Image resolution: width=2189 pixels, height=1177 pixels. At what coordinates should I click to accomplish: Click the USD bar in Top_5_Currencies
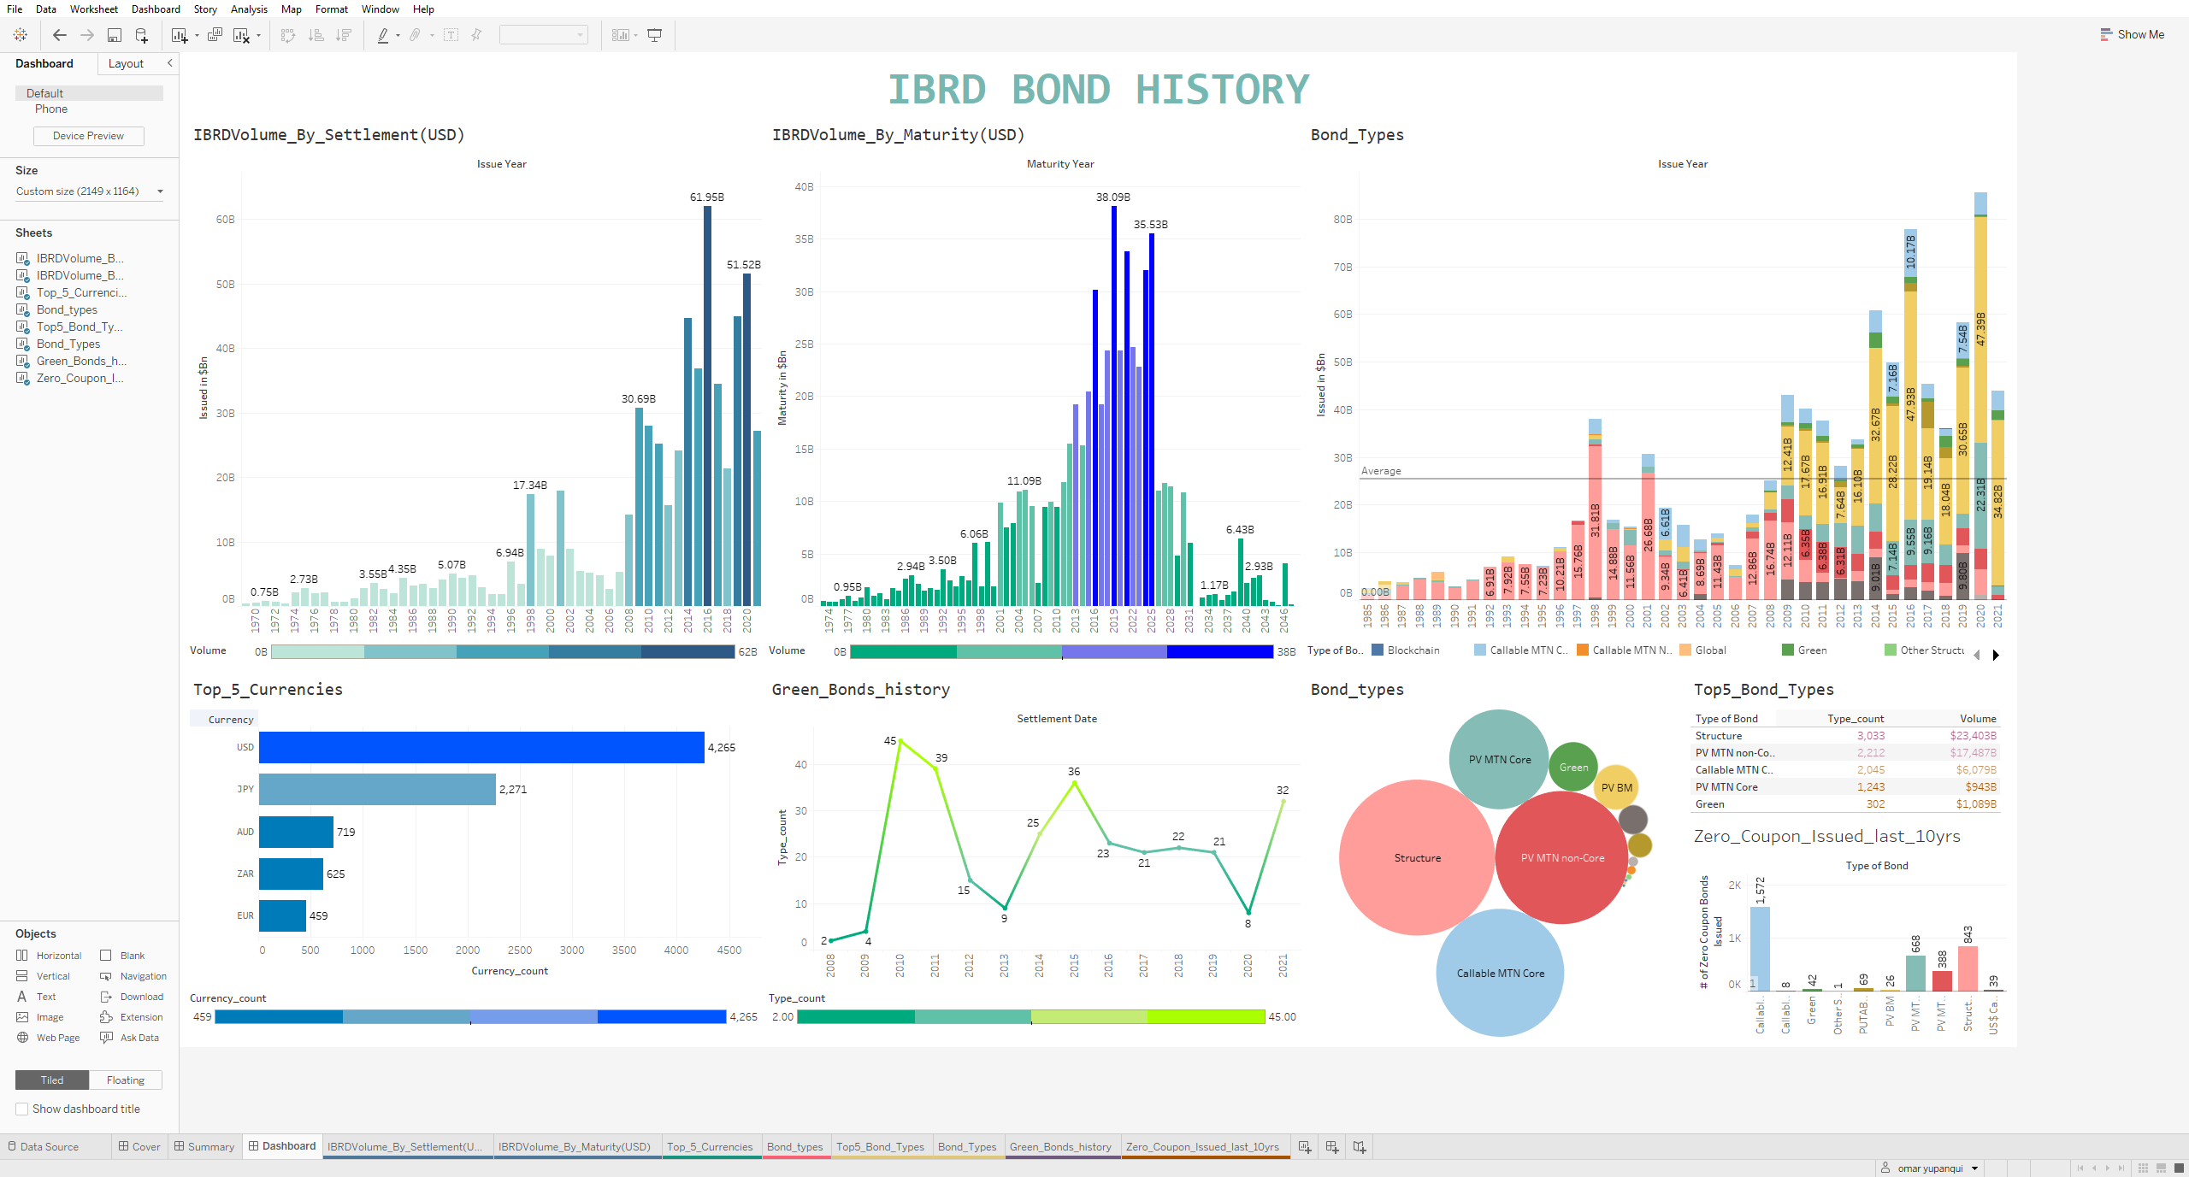point(481,747)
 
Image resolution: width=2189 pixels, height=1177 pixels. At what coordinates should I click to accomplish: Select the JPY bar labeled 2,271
point(377,789)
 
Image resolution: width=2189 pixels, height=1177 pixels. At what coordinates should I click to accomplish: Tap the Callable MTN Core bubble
point(1500,973)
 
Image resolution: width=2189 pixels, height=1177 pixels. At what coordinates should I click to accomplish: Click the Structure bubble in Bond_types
point(1417,857)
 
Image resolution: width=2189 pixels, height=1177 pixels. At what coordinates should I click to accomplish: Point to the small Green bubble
point(1572,767)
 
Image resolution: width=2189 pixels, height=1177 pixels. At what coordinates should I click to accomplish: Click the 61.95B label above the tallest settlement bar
point(706,197)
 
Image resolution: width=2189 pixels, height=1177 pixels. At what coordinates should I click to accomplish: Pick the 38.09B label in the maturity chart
point(1112,197)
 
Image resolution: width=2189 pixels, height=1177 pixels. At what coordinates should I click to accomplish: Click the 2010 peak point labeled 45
point(900,741)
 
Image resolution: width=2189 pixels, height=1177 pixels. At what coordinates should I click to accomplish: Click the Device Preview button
point(88,136)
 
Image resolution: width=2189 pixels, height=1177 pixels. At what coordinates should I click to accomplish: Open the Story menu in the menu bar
point(205,9)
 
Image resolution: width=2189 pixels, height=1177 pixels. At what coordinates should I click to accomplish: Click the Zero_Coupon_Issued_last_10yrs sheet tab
point(1202,1147)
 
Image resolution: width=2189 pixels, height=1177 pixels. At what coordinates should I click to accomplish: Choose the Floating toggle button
point(125,1080)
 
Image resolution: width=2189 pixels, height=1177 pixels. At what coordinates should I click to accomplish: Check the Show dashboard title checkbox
point(22,1109)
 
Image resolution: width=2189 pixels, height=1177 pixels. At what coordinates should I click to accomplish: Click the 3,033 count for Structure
point(1870,736)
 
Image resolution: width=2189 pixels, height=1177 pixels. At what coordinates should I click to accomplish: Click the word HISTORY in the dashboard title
point(1222,90)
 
